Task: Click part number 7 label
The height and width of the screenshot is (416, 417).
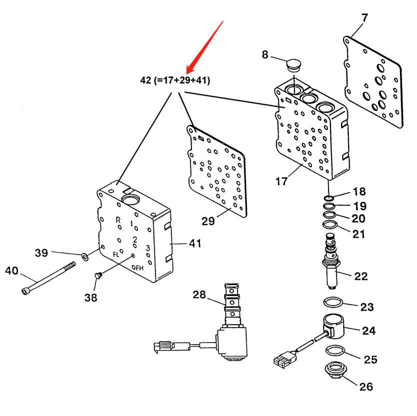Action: point(364,18)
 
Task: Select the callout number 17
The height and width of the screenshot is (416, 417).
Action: point(281,181)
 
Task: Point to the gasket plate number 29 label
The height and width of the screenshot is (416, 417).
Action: point(208,220)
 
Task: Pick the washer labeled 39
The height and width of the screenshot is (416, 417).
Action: point(84,257)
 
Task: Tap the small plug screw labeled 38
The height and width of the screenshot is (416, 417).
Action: point(97,274)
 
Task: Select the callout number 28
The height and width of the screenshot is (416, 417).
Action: point(199,295)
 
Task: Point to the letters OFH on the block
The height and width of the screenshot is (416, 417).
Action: point(137,268)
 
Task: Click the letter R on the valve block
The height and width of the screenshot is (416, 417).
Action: point(118,220)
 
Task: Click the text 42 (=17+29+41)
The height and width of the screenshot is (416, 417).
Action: point(174,80)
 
